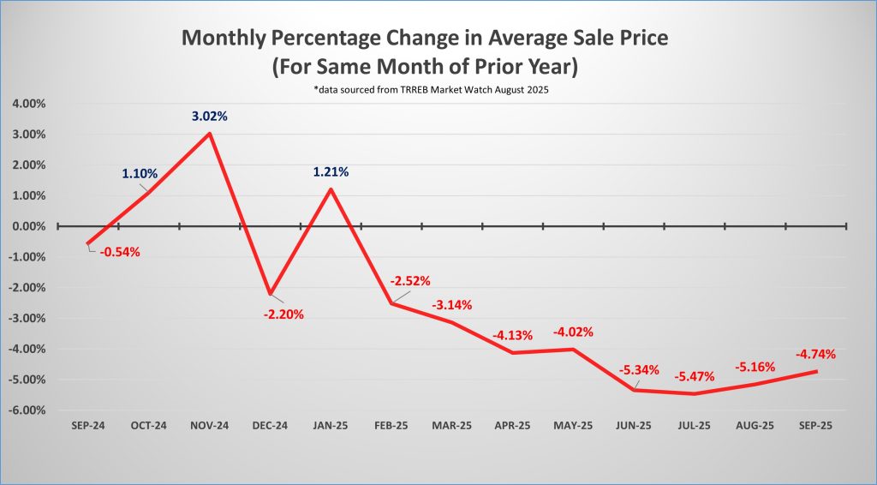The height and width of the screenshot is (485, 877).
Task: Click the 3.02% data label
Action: pyautogui.click(x=209, y=116)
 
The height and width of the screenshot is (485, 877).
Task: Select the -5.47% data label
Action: pyautogui.click(x=694, y=376)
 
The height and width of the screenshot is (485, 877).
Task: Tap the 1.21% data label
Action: pyautogui.click(x=331, y=171)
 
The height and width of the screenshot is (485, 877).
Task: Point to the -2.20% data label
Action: pyautogui.click(x=282, y=314)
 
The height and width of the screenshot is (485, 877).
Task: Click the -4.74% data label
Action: pyautogui.click(x=815, y=353)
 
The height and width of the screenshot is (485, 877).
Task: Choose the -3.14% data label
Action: pyautogui.click(x=451, y=304)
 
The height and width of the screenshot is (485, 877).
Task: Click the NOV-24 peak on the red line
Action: pyautogui.click(x=210, y=133)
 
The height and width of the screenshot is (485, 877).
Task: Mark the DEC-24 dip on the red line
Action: pyautogui.click(x=271, y=294)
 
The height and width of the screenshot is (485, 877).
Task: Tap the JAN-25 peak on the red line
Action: pyautogui.click(x=331, y=189)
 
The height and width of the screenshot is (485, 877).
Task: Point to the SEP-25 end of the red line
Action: pyautogui.click(x=816, y=371)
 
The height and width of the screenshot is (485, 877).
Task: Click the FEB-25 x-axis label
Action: pyautogui.click(x=391, y=425)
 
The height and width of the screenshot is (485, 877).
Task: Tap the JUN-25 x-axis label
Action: pyautogui.click(x=633, y=425)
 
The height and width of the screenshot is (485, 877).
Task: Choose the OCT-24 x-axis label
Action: pyautogui.click(x=148, y=425)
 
